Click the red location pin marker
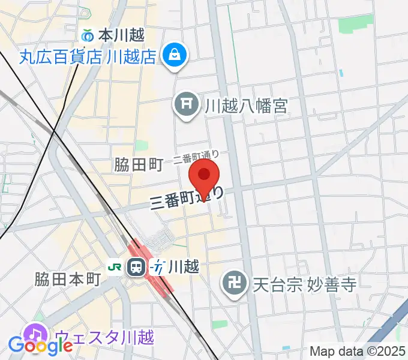(x=204, y=175)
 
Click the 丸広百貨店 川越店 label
(x=88, y=58)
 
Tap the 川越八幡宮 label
(x=246, y=106)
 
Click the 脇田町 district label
(x=139, y=166)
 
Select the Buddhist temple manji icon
(x=233, y=283)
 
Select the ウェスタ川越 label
(x=105, y=337)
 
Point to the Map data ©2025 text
(x=357, y=351)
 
